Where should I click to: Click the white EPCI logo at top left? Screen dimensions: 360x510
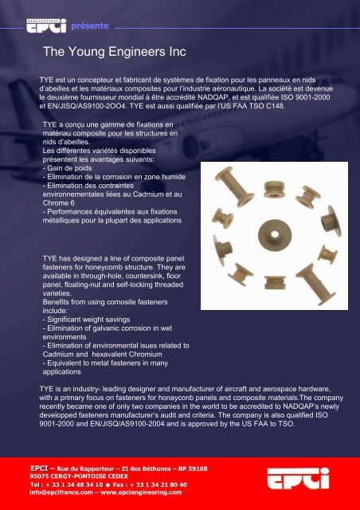click(x=46, y=25)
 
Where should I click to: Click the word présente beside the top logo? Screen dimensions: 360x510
click(x=90, y=26)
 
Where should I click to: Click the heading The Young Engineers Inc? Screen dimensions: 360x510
click(x=115, y=52)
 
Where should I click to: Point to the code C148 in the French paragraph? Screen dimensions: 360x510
click(x=276, y=106)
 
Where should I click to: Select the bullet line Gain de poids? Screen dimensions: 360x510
click(x=68, y=168)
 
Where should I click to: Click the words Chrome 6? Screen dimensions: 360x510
click(x=58, y=203)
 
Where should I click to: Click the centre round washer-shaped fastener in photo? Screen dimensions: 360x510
click(x=275, y=235)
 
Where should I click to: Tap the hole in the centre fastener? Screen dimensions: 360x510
click(x=275, y=234)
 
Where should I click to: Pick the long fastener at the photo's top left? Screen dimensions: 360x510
click(x=234, y=187)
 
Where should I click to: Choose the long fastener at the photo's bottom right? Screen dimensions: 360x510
click(x=315, y=284)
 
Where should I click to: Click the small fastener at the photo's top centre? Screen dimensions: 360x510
click(x=275, y=190)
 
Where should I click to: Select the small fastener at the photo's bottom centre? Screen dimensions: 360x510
click(x=275, y=282)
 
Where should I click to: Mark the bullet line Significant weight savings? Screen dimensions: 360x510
click(x=87, y=320)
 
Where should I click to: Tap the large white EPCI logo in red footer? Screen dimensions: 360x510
click(x=298, y=478)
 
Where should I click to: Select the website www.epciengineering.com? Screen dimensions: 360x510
click(x=141, y=492)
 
